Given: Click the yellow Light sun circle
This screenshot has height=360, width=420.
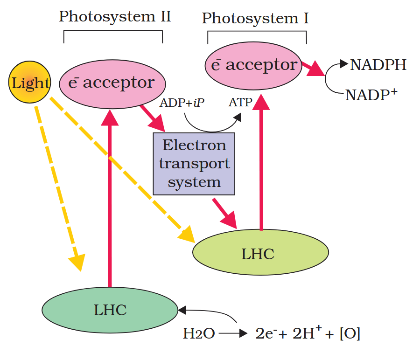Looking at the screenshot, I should click(30, 83).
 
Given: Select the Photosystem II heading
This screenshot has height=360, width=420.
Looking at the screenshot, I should click(114, 17).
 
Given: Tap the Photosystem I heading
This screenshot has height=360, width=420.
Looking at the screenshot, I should click(255, 19).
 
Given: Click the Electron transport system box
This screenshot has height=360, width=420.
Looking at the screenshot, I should click(194, 163).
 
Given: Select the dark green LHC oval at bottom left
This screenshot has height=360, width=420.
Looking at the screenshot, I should click(110, 310).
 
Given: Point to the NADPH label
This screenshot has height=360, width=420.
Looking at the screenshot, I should click(378, 65).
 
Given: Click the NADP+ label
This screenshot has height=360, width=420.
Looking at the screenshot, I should click(371, 95).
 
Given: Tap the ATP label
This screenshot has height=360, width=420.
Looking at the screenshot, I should click(240, 103).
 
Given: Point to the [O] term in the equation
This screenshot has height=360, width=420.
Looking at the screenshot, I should click(350, 333).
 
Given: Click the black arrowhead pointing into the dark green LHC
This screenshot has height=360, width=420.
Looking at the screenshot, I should click(182, 309).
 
